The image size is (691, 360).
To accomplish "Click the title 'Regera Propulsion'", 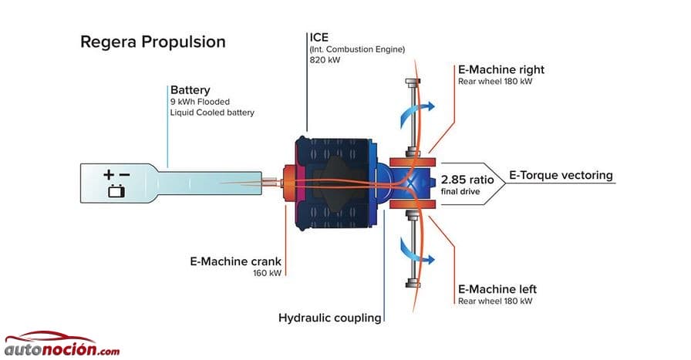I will pyautogui.click(x=153, y=42).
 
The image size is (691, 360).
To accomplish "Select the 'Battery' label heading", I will pyautogui.click(x=190, y=90).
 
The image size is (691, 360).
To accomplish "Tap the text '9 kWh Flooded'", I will pyautogui.click(x=200, y=102).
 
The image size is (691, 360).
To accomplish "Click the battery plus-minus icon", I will pyautogui.click(x=116, y=183).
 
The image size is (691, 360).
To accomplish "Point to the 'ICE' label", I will pyautogui.click(x=319, y=37).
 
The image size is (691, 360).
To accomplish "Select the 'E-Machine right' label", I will pyautogui.click(x=501, y=70).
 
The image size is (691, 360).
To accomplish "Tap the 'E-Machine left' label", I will pyautogui.click(x=497, y=289).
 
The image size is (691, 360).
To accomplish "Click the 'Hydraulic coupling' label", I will pyautogui.click(x=330, y=318).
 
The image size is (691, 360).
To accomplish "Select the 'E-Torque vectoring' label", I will pyautogui.click(x=561, y=175).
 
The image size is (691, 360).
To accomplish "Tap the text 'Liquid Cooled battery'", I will pyautogui.click(x=212, y=113).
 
